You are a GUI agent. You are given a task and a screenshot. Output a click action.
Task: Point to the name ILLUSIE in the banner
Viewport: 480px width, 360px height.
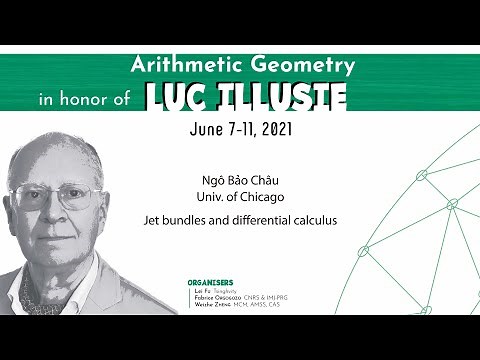[286, 97]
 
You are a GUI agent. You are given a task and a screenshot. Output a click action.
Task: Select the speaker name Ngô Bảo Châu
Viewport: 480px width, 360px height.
[239, 180]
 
